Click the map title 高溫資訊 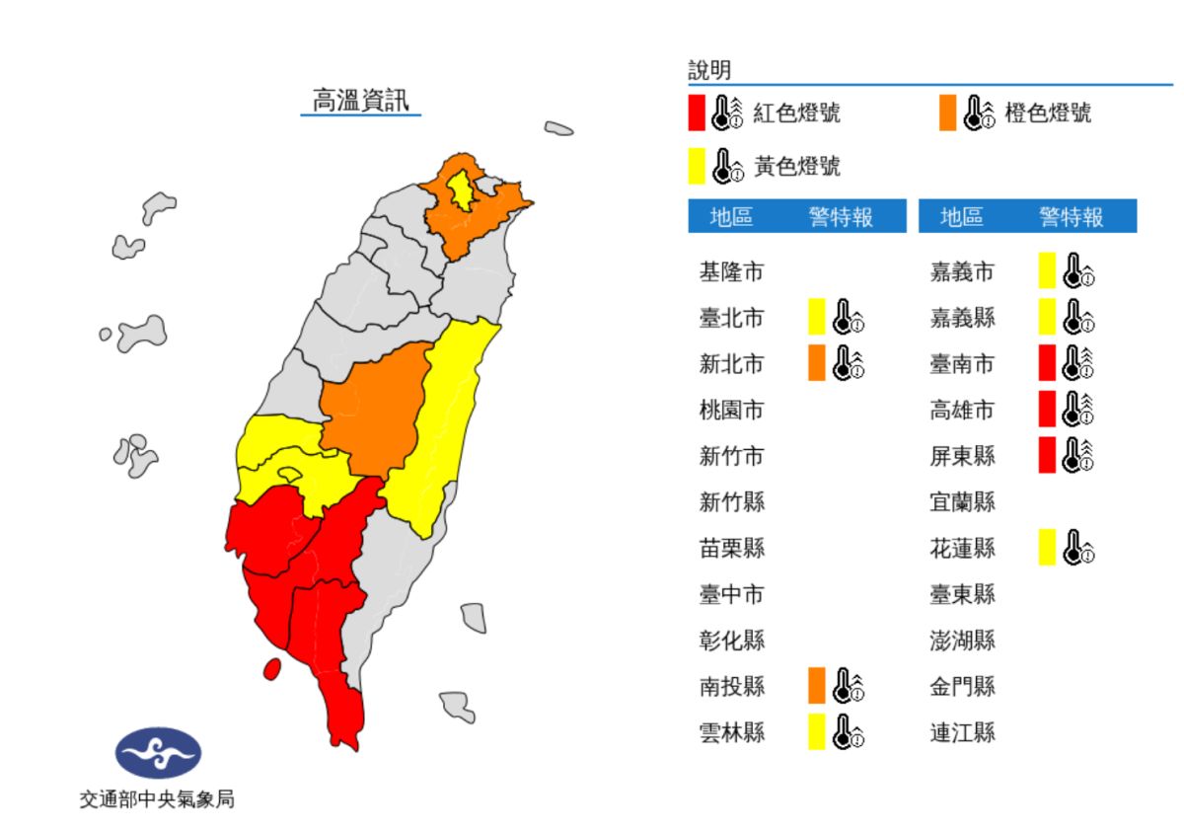(360, 101)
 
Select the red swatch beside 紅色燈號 (698, 113)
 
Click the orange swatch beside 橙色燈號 (948, 113)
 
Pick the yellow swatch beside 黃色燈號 (698, 166)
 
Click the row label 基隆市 (731, 271)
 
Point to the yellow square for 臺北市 (816, 317)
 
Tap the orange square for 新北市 (816, 363)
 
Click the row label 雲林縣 (731, 732)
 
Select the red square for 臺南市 (1047, 363)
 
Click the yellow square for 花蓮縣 (1047, 547)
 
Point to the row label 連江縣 (962, 732)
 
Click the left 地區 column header (731, 217)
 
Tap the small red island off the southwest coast (271, 669)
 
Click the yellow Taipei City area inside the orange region (460, 189)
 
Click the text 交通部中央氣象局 (158, 800)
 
